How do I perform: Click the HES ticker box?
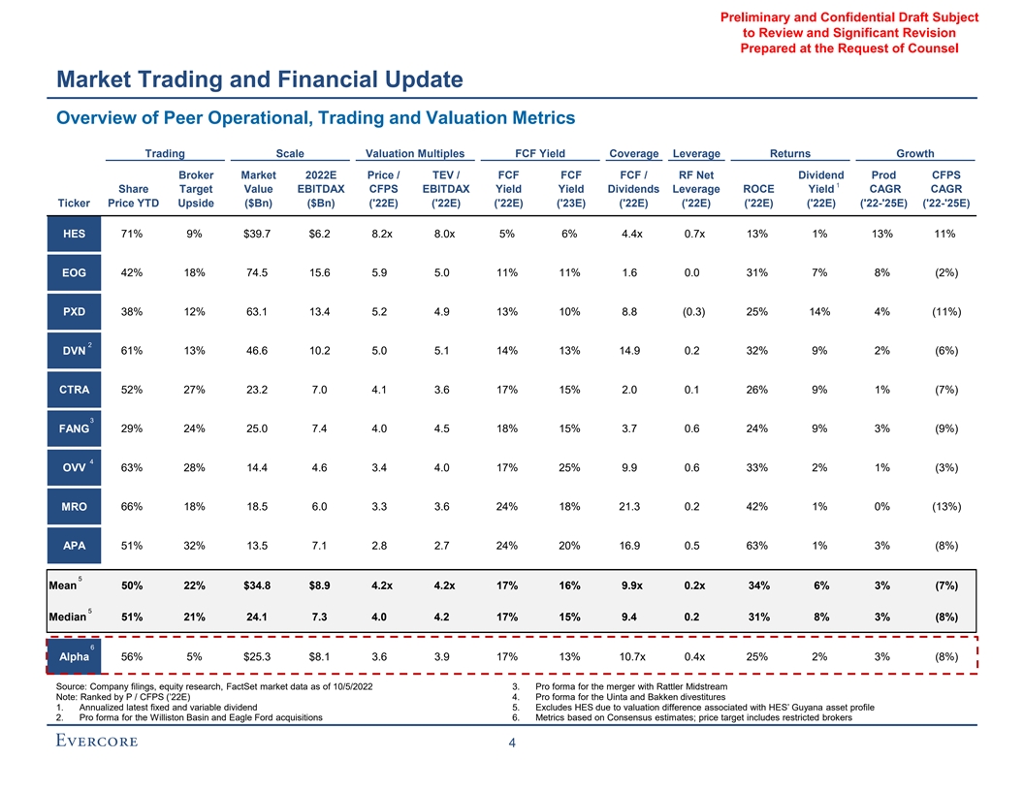click(74, 234)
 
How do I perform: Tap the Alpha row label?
click(74, 656)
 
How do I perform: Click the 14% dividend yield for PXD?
click(820, 312)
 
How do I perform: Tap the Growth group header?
click(914, 153)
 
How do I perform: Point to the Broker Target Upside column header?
click(197, 189)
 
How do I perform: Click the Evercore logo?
click(96, 742)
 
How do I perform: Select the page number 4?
click(512, 744)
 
